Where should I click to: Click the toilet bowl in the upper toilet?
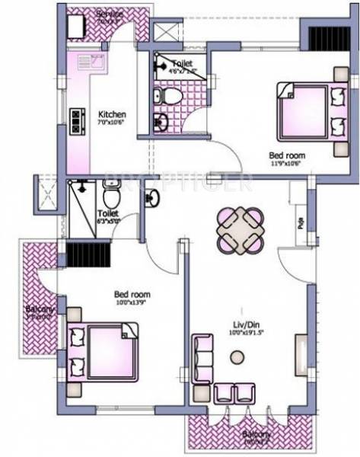pyautogui.click(x=172, y=96)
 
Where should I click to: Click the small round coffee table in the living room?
pyautogui.click(x=237, y=356)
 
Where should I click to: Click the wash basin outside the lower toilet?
pyautogui.click(x=153, y=198)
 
